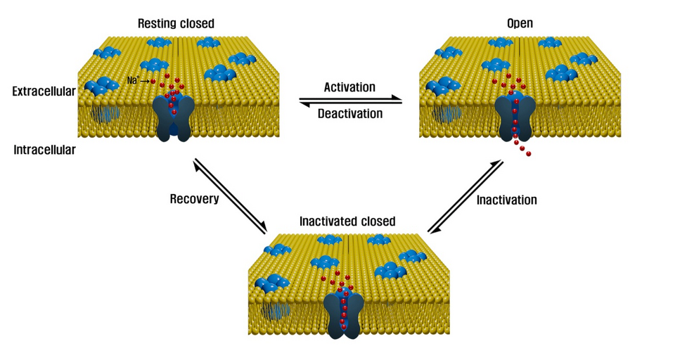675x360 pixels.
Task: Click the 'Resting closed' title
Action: (x=176, y=24)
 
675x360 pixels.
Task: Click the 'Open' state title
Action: (x=520, y=24)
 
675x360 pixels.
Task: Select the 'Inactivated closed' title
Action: (x=347, y=221)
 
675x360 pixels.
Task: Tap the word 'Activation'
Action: (x=349, y=87)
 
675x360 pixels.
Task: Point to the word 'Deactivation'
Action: (x=350, y=113)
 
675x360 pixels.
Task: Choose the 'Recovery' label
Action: (x=194, y=199)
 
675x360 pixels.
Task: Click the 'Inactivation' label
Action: (x=506, y=200)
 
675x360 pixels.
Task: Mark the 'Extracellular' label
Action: (x=44, y=91)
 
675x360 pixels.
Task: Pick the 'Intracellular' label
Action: (x=44, y=150)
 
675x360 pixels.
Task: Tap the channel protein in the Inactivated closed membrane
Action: (x=344, y=314)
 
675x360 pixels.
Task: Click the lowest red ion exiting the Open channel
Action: (x=529, y=153)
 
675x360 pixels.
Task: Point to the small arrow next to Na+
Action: (x=146, y=82)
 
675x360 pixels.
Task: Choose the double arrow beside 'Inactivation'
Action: (x=465, y=197)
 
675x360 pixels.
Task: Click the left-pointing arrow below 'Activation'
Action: (x=351, y=103)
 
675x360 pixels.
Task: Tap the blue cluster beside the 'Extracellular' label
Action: (x=101, y=87)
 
